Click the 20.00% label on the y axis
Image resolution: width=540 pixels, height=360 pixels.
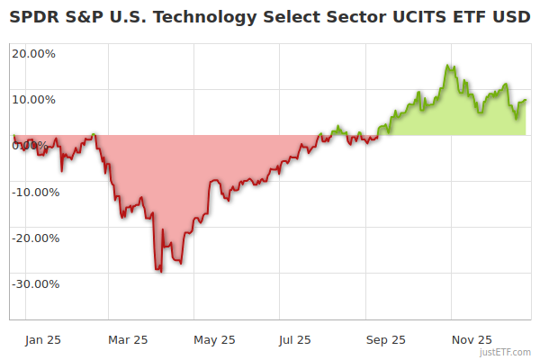(x=33, y=52)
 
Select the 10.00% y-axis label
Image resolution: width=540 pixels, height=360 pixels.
(x=33, y=98)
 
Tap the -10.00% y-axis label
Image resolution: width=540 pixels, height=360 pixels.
(x=35, y=191)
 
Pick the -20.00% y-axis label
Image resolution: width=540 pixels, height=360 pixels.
(x=35, y=238)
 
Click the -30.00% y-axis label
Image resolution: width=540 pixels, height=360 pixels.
(x=35, y=283)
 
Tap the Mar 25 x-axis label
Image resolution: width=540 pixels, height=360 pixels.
(x=127, y=340)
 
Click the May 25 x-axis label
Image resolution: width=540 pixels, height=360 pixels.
(x=214, y=340)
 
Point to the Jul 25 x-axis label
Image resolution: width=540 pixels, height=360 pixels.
(x=294, y=340)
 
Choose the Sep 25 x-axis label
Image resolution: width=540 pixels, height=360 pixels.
(x=385, y=340)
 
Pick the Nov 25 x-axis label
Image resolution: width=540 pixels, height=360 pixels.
(x=472, y=340)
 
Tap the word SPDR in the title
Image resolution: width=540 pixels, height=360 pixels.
(x=32, y=18)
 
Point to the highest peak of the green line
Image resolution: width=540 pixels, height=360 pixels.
(x=448, y=66)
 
